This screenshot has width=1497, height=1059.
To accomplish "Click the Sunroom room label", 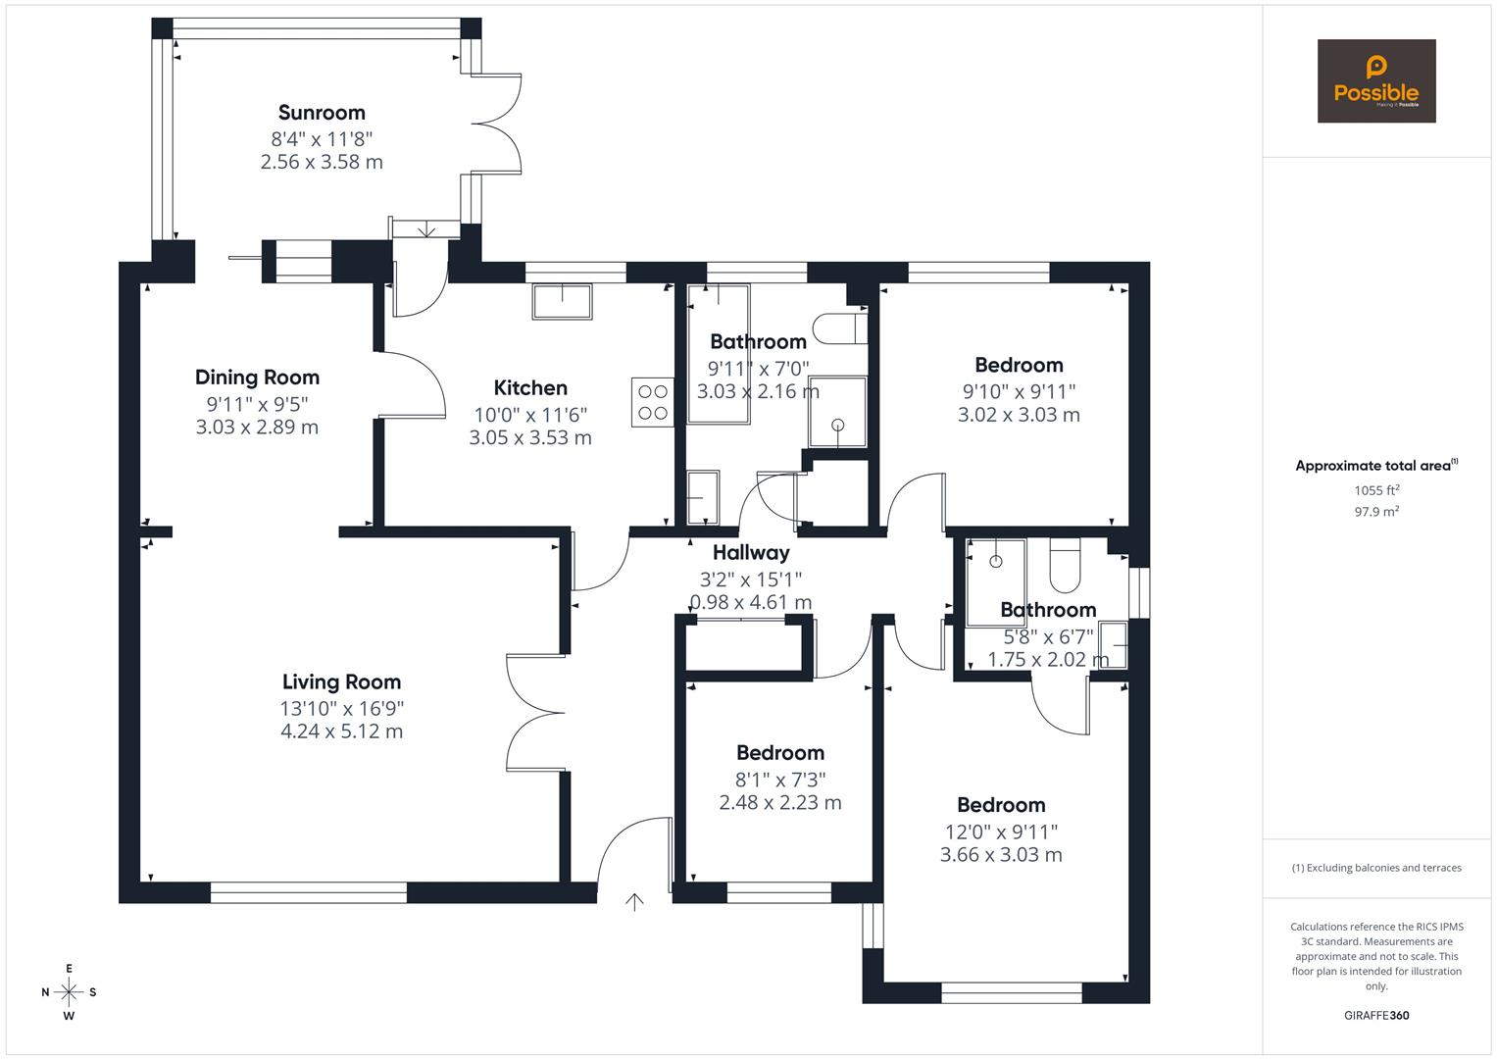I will pyautogui.click(x=322, y=113).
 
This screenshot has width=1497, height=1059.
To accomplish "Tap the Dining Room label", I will pyautogui.click(x=257, y=378).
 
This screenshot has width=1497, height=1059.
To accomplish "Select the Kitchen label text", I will pyautogui.click(x=530, y=388).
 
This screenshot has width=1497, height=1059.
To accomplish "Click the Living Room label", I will pyautogui.click(x=341, y=682).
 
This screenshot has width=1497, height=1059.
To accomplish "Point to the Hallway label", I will pyautogui.click(x=751, y=553).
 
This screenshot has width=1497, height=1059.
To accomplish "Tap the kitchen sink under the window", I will pyautogui.click(x=563, y=301).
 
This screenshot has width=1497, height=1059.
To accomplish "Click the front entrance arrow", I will pyautogui.click(x=635, y=902).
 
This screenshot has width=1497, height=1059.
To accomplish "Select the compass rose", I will pyautogui.click(x=69, y=992).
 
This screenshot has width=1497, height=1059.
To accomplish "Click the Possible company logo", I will pyautogui.click(x=1376, y=81).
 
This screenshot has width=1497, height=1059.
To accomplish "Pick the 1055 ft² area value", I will pyautogui.click(x=1376, y=490).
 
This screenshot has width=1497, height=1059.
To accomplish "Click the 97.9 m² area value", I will pyautogui.click(x=1376, y=512).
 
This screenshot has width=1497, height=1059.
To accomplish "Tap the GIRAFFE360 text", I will pyautogui.click(x=1376, y=1016).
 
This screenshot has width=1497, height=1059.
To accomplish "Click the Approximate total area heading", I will pyautogui.click(x=1374, y=466).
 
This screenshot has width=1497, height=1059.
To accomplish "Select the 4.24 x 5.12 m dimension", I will pyautogui.click(x=341, y=731).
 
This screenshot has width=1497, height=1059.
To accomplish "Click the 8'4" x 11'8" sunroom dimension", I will pyautogui.click(x=322, y=138).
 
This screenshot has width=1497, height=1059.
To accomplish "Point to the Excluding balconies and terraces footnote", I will pyautogui.click(x=1376, y=868).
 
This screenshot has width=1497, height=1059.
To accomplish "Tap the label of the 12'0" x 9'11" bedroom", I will pyautogui.click(x=1001, y=806).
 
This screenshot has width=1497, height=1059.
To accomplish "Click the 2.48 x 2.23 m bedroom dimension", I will pyautogui.click(x=780, y=803).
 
